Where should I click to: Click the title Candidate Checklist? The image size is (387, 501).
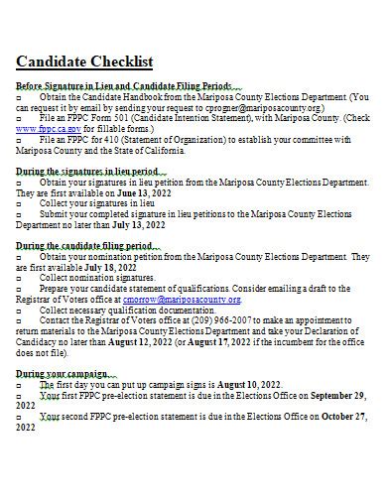pyautogui.click(x=84, y=62)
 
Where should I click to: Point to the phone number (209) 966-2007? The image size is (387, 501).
pyautogui.click(x=237, y=321)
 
